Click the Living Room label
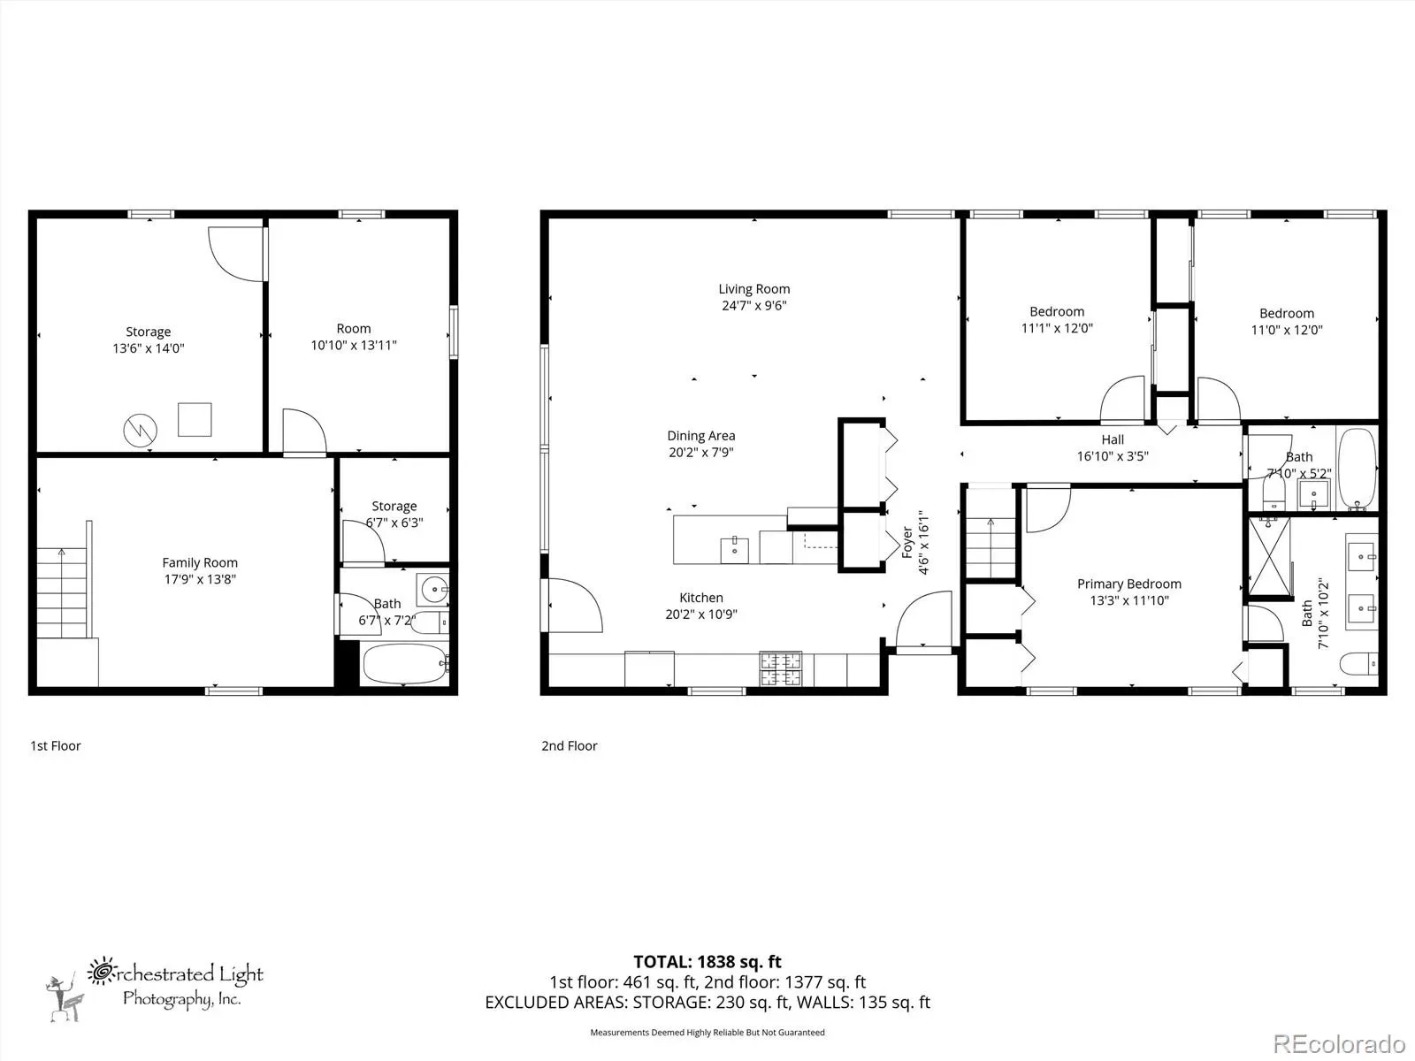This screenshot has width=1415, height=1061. point(753,289)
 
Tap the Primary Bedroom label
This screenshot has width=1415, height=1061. point(1128,584)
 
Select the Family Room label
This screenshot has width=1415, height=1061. point(200,563)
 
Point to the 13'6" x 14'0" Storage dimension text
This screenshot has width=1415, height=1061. point(149,348)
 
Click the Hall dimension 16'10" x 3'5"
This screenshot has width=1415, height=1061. point(1113,457)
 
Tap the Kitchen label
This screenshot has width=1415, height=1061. point(701,598)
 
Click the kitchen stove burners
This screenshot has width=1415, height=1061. point(781,669)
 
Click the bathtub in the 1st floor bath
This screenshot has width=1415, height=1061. point(405,664)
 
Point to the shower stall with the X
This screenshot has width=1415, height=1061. point(1270,557)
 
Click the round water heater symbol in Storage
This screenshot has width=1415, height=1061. point(140,431)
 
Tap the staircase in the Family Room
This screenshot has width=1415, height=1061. point(63,592)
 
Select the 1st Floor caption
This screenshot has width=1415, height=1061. point(56,746)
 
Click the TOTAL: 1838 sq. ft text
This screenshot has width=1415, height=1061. point(707,962)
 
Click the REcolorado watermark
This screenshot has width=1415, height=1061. point(1339,1043)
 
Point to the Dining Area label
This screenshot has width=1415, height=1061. point(700,436)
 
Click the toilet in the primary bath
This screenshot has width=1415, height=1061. point(1359,663)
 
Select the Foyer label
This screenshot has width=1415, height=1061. point(907,542)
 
